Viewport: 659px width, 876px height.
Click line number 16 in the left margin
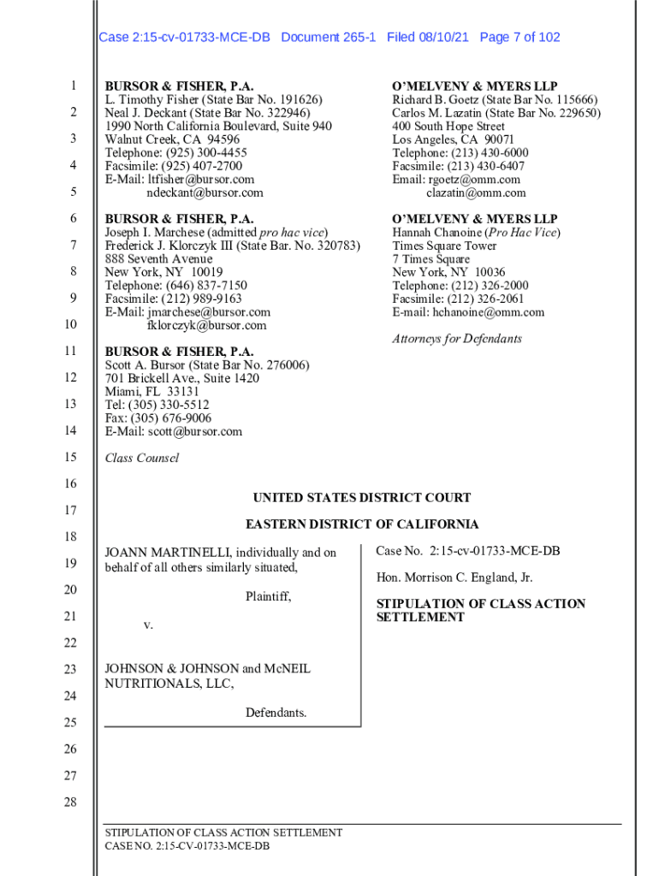[73, 484]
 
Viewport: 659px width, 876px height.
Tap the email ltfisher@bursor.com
[201, 180]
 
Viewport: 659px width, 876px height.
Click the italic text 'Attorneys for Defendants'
[457, 339]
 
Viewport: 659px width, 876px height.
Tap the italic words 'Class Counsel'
[142, 459]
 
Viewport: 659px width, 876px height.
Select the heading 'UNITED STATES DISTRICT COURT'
[362, 498]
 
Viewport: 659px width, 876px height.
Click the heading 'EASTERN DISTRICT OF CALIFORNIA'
[362, 524]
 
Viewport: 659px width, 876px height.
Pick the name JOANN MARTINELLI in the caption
[167, 553]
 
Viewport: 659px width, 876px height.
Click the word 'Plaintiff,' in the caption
[268, 597]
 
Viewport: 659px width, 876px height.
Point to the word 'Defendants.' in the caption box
[276, 713]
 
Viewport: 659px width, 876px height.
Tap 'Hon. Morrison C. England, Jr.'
[454, 577]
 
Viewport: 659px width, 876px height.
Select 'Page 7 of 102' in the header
[520, 38]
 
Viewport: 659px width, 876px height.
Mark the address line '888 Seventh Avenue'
[158, 259]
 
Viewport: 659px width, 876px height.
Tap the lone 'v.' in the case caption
[148, 625]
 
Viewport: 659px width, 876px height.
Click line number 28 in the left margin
[73, 802]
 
